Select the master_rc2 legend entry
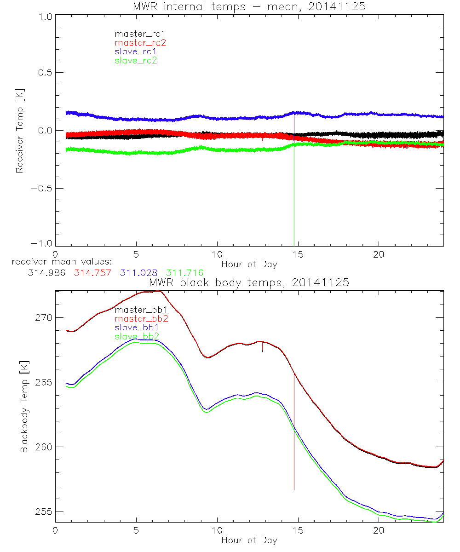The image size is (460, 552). click(140, 42)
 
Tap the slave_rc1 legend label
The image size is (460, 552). click(136, 52)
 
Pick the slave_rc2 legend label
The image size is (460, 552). click(136, 60)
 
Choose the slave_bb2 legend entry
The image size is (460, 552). click(137, 337)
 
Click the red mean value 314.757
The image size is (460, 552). click(93, 273)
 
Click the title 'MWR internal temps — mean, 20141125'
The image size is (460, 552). click(249, 6)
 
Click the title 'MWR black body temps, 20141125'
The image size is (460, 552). click(249, 283)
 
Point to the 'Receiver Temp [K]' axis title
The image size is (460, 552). click(19, 130)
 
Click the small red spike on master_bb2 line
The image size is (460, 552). click(262, 347)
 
